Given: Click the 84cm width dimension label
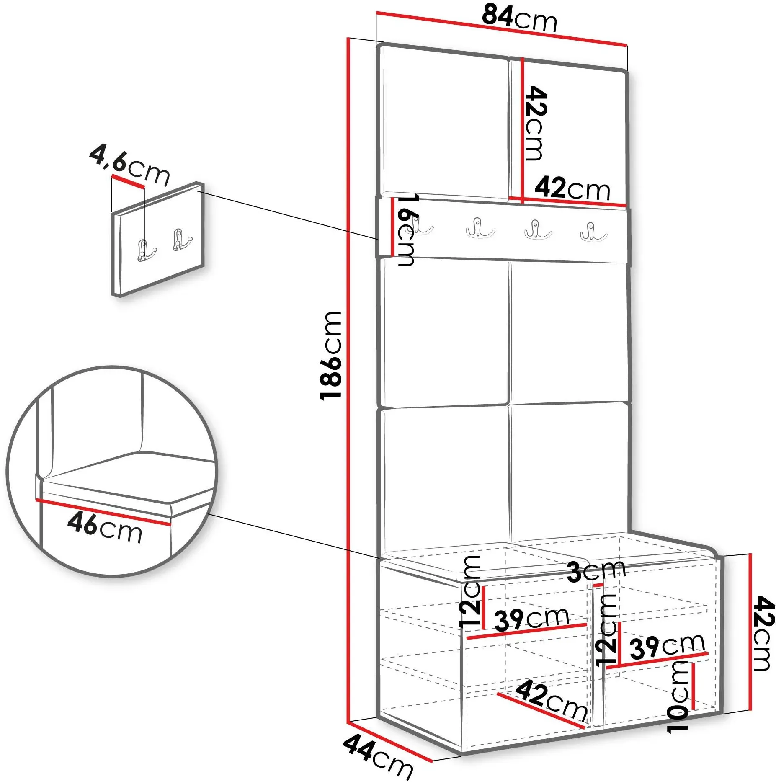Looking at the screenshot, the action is (x=519, y=19).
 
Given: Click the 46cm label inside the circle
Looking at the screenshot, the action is (x=105, y=527).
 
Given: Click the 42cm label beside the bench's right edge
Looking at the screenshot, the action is (x=763, y=634).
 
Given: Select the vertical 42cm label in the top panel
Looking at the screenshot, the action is (x=536, y=123).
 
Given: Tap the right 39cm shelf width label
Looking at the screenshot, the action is (x=668, y=646).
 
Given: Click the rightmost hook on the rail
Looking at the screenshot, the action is (x=593, y=232).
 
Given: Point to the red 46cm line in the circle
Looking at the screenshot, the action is (x=103, y=512).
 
